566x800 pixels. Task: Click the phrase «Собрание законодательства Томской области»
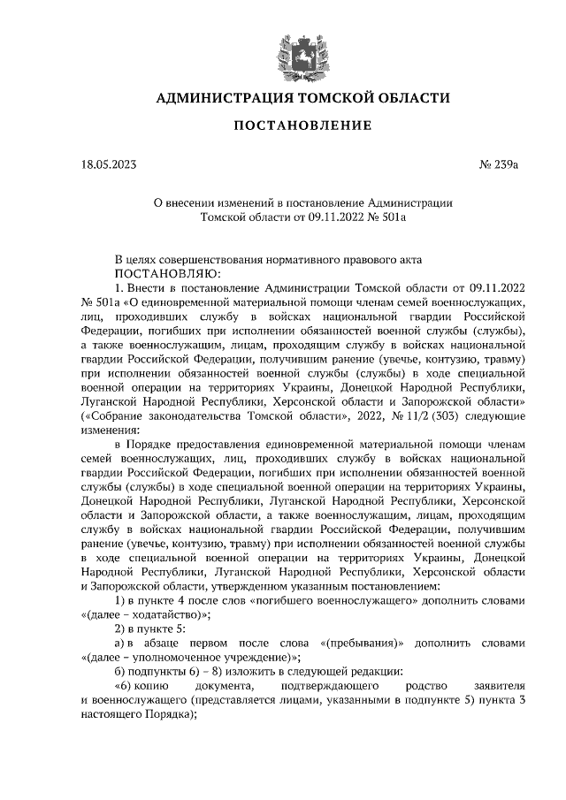203,415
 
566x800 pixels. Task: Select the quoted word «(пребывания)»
363,643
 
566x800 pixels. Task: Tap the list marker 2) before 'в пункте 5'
121,629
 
